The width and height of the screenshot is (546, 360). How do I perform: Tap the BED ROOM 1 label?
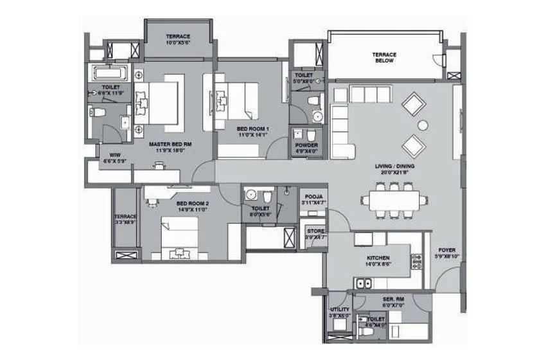click(x=252, y=129)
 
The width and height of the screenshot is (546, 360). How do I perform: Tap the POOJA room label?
click(x=314, y=196)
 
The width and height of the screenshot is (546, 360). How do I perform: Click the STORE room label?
click(x=315, y=231)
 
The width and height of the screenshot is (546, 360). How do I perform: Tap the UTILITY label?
click(x=339, y=310)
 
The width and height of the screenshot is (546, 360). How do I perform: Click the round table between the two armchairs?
click(x=422, y=124)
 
